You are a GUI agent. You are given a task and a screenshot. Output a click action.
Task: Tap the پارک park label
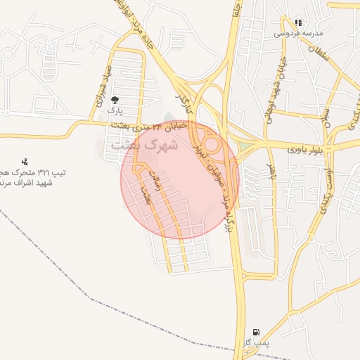click(x=115, y=111)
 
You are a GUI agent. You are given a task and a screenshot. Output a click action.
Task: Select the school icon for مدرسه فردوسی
click(x=298, y=23)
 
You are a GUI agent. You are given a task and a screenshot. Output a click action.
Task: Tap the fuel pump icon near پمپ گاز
click(x=256, y=332)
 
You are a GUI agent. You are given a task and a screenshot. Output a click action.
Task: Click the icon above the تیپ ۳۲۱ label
click(x=25, y=162)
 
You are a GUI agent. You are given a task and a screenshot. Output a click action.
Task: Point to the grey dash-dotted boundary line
click(x=84, y=292)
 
